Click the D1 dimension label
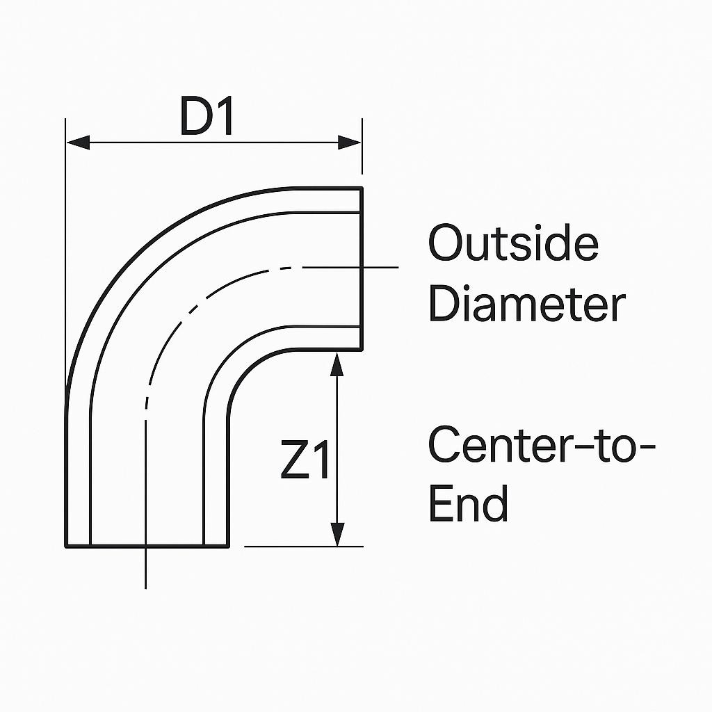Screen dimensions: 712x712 [207, 116]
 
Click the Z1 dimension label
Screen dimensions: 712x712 [305, 459]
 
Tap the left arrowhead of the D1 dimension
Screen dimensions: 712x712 [78, 142]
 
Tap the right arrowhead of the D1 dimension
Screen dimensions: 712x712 [350, 142]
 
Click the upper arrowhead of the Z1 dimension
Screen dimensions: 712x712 [337, 364]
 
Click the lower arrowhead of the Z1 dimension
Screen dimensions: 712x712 [337, 535]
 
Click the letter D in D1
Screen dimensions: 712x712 [196, 116]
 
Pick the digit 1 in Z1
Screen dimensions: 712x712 [321, 459]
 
